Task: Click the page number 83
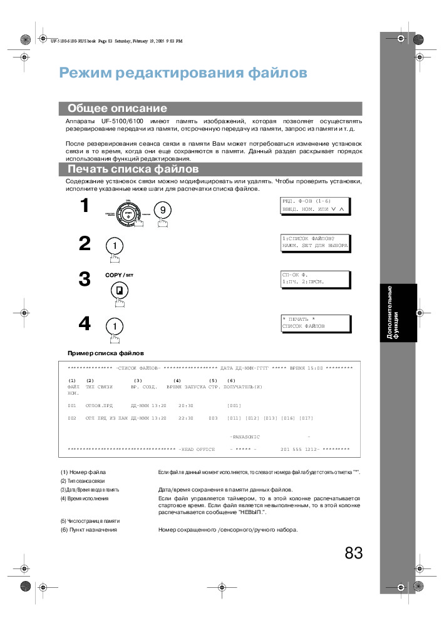point(353,553)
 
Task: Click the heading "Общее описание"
point(117,108)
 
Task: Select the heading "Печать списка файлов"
point(133,169)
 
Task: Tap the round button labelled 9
point(162,210)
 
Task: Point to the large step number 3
point(85,280)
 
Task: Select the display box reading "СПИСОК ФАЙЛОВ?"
point(315,242)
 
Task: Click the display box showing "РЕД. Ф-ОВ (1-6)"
point(315,205)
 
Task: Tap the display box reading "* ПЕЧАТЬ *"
point(315,323)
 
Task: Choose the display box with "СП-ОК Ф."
point(315,278)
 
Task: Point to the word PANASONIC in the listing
point(245,437)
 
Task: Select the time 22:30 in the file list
point(185,418)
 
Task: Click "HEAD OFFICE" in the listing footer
point(198,449)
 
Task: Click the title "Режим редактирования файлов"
point(183,73)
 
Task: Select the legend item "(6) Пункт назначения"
point(88,530)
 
